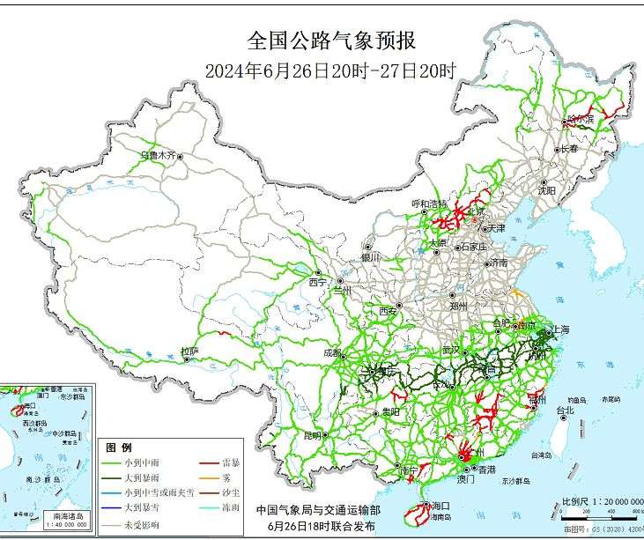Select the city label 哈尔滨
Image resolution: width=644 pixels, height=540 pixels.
pos(581,117)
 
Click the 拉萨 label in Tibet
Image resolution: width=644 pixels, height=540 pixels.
pos(189,351)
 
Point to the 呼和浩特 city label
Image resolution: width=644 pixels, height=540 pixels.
pos(430,203)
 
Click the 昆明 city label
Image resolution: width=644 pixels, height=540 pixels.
pos(313,435)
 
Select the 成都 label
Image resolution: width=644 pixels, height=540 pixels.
pos(332,352)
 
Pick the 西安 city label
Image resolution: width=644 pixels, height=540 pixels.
pos(389,310)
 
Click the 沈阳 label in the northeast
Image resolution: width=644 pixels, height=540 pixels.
pos(546,189)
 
